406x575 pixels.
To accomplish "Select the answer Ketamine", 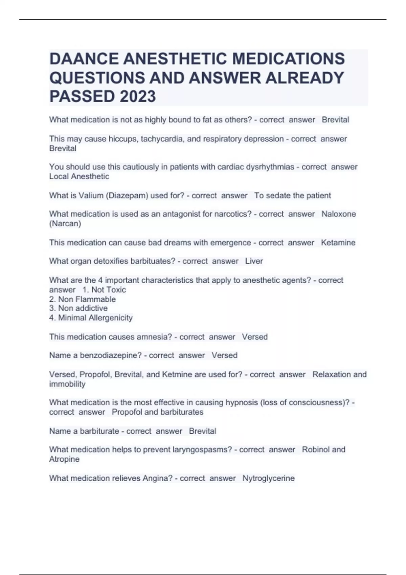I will point(338,243).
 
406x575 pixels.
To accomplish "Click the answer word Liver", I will point(254,261).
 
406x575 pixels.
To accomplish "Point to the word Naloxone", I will point(338,214).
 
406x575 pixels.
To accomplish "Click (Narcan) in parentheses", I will point(65,224).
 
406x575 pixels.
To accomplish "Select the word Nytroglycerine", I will point(268,478).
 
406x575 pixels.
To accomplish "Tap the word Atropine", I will point(64,459).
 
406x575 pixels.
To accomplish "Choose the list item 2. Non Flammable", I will point(82,299).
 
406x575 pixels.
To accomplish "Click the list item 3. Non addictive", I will point(78,308).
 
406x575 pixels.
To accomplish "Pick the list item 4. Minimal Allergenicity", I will point(91,318).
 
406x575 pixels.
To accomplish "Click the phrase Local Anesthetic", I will point(79,177).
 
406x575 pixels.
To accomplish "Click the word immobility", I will point(67,384).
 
